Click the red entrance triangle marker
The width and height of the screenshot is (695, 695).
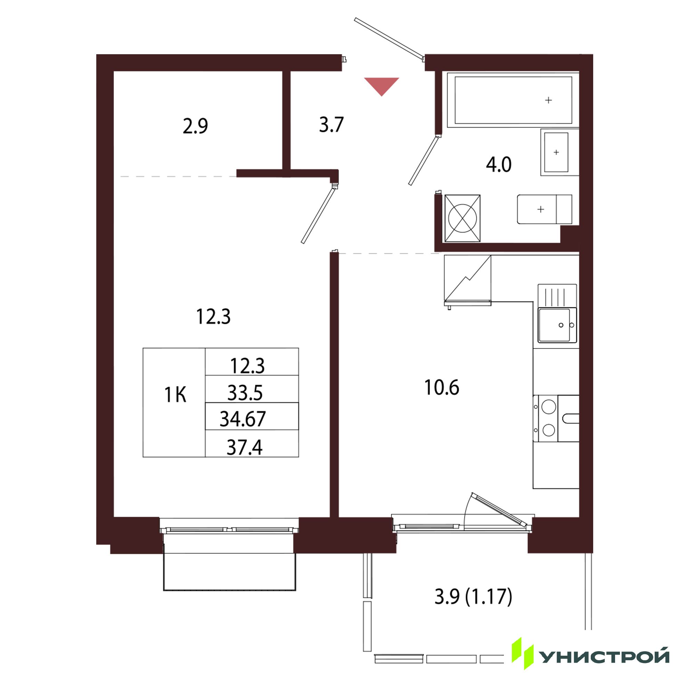click(x=381, y=85)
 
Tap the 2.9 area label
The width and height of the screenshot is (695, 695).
click(x=195, y=126)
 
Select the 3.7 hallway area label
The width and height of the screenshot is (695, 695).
click(x=331, y=125)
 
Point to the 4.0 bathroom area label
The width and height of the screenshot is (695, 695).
click(x=499, y=165)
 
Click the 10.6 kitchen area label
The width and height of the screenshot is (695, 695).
click(x=442, y=388)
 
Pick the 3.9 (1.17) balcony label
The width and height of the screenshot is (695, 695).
click(x=473, y=597)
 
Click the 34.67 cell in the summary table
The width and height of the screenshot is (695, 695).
click(x=252, y=416)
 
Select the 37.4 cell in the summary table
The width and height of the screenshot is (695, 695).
click(x=252, y=443)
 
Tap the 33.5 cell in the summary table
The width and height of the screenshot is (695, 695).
click(x=252, y=389)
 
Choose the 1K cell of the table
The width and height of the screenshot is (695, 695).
click(x=174, y=402)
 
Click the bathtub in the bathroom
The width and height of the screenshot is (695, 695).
click(x=513, y=100)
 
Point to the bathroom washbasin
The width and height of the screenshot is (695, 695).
click(x=559, y=152)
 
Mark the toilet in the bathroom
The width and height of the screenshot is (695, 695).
click(x=544, y=209)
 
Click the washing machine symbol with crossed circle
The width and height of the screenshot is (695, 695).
click(x=462, y=218)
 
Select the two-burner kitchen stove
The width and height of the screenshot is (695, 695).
click(x=556, y=418)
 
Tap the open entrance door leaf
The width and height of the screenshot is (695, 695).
click(x=389, y=38)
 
